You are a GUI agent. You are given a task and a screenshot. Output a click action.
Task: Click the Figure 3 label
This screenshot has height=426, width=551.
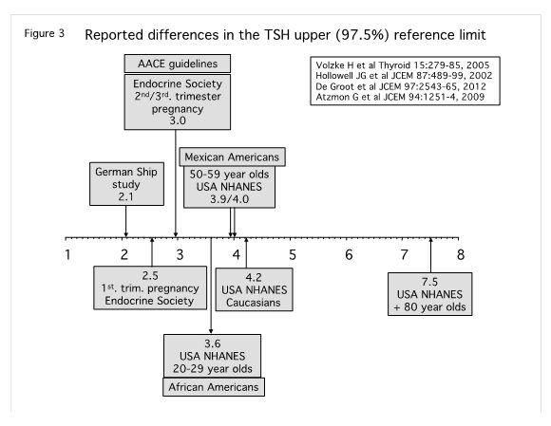pos(45,34)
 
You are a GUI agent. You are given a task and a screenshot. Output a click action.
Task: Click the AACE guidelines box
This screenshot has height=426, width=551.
pos(178,64)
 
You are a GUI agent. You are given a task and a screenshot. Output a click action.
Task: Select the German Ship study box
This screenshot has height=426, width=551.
pos(126,184)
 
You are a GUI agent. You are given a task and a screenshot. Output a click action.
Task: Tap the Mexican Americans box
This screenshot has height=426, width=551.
pos(233,157)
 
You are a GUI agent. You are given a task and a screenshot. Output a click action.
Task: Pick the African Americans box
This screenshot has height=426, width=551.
pos(214,387)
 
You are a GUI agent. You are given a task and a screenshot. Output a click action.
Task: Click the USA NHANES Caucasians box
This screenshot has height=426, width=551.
pos(254,289)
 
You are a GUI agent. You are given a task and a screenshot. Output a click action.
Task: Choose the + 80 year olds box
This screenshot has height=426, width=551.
pos(429,294)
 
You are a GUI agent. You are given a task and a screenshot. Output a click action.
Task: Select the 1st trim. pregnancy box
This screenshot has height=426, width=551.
pos(150,287)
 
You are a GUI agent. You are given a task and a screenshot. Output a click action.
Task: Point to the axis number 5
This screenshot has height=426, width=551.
pos(293,255)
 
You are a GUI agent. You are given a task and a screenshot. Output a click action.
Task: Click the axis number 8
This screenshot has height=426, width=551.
pos(461,255)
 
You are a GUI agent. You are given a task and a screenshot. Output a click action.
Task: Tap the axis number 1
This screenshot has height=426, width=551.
pos(67,255)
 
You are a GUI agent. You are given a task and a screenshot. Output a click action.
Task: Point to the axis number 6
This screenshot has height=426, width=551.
pos(349,255)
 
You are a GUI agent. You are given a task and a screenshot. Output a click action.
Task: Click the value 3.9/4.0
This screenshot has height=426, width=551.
pos(230,199)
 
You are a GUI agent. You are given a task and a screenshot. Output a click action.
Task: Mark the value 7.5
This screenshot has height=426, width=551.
pos(429,282)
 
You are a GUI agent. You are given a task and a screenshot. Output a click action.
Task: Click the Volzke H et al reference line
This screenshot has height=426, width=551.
pos(403,65)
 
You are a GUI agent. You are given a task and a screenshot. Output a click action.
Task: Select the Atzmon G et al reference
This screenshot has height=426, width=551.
pos(400,97)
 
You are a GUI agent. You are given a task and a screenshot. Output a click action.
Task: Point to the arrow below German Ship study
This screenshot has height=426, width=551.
pos(126,221)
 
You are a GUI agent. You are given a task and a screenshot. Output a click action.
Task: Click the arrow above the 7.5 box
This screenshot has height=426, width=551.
pos(430,255)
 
